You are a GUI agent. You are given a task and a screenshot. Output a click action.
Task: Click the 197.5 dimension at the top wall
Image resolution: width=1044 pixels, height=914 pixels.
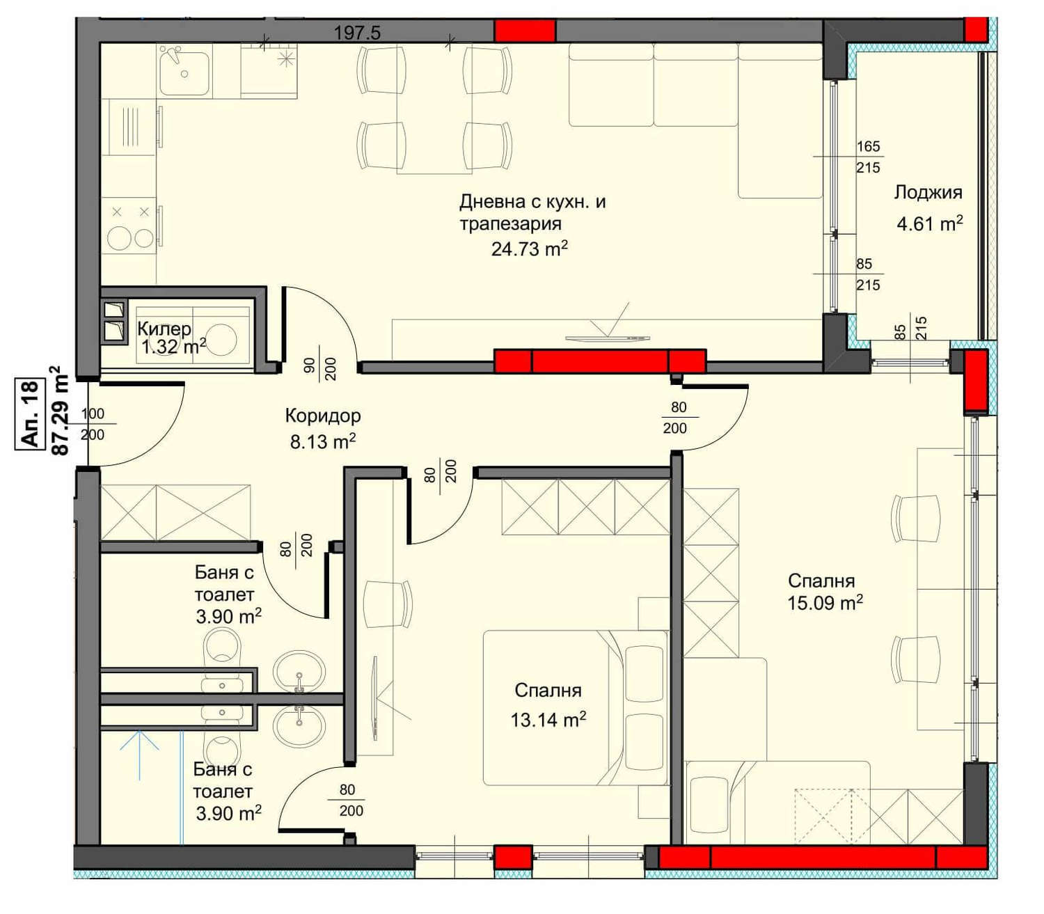click(357, 33)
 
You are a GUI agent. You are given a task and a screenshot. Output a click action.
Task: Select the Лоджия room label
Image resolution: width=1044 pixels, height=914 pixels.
click(928, 193)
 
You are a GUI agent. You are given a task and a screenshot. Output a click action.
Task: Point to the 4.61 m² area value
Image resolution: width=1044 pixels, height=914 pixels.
click(930, 223)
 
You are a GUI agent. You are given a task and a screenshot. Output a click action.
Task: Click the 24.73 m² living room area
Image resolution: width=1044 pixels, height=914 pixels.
click(529, 249)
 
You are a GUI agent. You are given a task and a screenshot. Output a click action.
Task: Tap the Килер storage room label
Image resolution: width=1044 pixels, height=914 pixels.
click(164, 329)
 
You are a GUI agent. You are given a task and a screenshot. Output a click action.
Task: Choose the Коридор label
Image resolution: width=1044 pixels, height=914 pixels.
click(323, 416)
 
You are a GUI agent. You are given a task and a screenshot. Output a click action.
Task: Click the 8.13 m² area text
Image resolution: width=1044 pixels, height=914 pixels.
click(323, 441)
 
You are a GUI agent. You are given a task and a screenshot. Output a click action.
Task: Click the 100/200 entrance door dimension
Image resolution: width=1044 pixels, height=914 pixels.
click(93, 424)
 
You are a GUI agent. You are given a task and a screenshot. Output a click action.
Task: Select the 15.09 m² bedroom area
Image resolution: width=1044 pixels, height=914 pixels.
click(825, 604)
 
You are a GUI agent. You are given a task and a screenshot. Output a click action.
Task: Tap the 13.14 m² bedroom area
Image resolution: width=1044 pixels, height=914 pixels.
click(548, 720)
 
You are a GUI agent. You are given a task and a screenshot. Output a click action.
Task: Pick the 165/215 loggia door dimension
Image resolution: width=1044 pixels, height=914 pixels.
click(868, 157)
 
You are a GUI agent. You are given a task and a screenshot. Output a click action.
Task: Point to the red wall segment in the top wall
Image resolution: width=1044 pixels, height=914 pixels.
click(525, 30)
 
